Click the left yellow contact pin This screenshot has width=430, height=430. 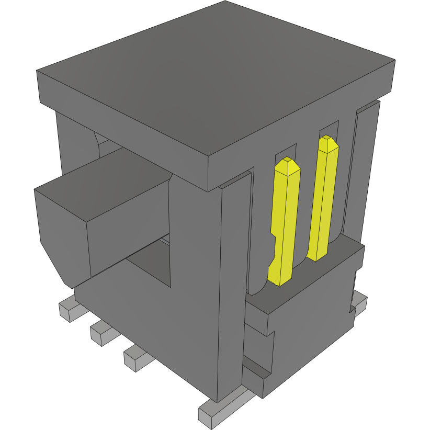tap(285, 220)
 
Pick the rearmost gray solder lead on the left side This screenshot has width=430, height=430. tap(67, 309)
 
